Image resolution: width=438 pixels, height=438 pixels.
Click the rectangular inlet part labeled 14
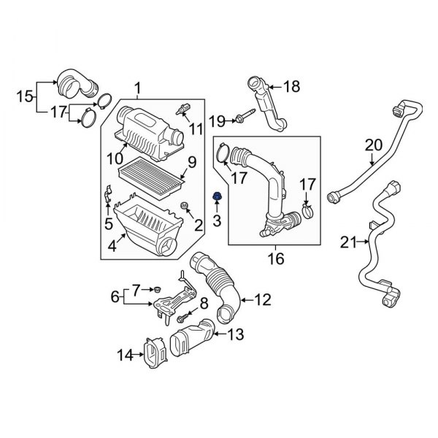click(155, 356)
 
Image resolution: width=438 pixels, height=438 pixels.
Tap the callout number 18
click(291, 87)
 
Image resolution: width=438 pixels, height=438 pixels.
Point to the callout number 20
click(373, 145)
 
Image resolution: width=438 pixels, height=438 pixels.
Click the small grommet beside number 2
click(184, 204)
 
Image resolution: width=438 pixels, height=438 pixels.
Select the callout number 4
click(111, 247)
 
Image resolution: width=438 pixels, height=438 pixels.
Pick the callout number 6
click(113, 297)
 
